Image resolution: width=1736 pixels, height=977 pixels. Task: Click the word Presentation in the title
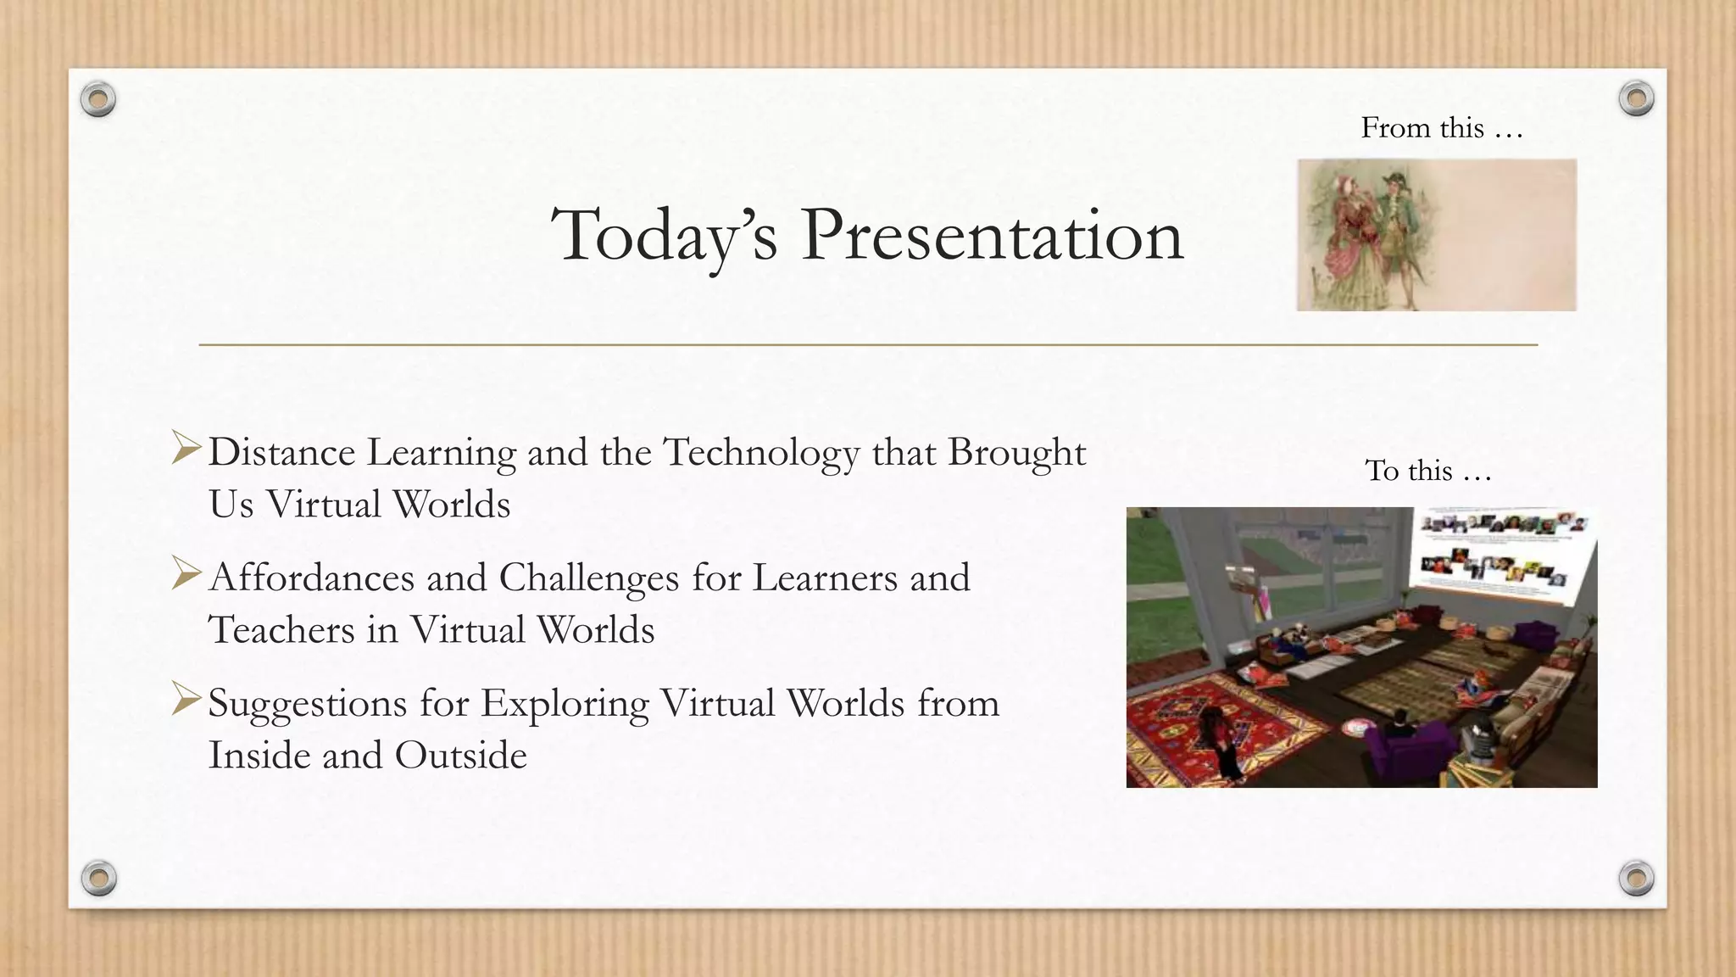click(x=992, y=235)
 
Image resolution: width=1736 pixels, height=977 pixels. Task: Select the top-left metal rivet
click(x=98, y=100)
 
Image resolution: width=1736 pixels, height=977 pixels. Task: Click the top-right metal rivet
click(x=1636, y=98)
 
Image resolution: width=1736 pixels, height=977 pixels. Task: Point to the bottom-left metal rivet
click(x=98, y=878)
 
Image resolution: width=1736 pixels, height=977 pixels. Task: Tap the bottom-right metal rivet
click(x=1636, y=878)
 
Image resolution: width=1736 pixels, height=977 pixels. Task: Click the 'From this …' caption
click(x=1442, y=128)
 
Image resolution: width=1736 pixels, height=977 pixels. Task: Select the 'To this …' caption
click(x=1428, y=471)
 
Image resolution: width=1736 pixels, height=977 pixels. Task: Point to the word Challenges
click(x=589, y=578)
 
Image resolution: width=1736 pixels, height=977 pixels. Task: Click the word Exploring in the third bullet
click(x=565, y=704)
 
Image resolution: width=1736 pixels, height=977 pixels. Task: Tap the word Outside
click(x=461, y=756)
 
